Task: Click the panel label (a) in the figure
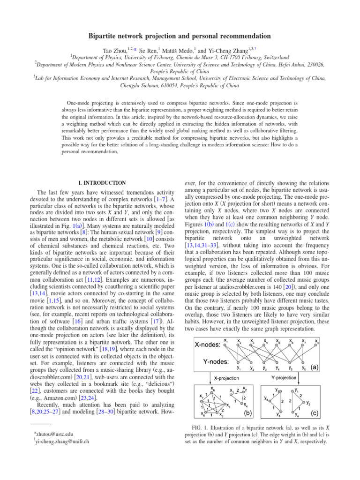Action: [315, 368]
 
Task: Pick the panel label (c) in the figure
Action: [315, 413]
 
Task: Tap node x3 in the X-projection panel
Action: [228, 406]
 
